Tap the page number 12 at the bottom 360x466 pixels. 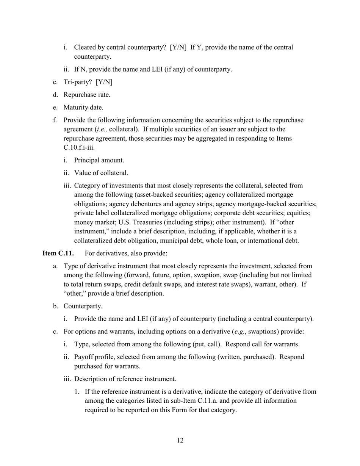pyautogui.click(x=180, y=440)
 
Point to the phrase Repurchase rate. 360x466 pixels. pyautogui.click(x=87, y=95)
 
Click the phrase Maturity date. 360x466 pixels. pyautogui.click(x=83, y=108)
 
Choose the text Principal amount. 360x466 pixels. pyautogui.click(x=99, y=160)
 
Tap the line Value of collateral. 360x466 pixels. pyautogui.click(x=101, y=173)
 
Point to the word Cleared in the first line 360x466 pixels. pyautogui.click(x=85, y=47)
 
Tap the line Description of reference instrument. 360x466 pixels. pyautogui.click(x=125, y=379)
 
